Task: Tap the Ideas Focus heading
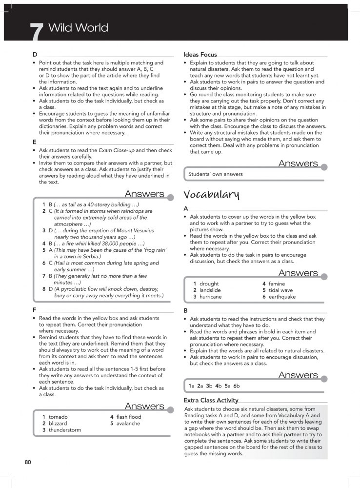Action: point(200,55)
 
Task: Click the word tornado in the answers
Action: point(58,417)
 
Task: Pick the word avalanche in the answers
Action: point(128,424)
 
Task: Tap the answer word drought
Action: point(209,284)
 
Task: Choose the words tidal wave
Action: point(280,290)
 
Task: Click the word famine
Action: point(277,284)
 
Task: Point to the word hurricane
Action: point(211,297)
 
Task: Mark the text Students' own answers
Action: point(215,174)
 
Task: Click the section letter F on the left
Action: point(34,309)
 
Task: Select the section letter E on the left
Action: point(34,142)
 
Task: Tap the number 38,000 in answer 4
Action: point(110,243)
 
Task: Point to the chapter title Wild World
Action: point(79,28)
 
